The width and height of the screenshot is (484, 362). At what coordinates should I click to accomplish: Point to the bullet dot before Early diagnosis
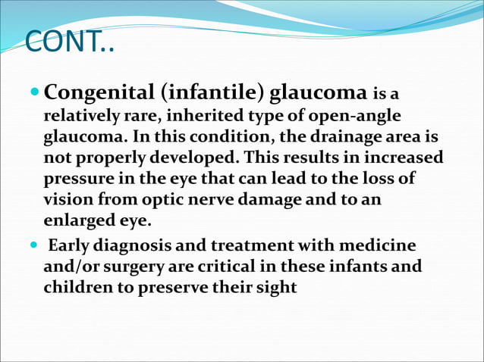pyautogui.click(x=35, y=247)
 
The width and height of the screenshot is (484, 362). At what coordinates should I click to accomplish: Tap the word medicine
pyautogui.click(x=376, y=248)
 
